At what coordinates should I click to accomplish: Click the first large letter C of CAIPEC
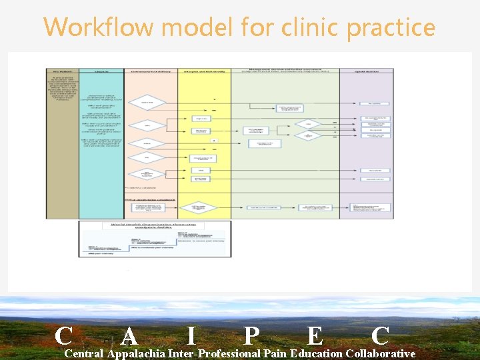(64, 335)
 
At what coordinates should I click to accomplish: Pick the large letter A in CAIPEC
(131, 335)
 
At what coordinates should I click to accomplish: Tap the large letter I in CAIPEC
(191, 335)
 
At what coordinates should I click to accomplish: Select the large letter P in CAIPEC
(251, 335)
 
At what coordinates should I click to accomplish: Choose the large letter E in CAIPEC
(314, 335)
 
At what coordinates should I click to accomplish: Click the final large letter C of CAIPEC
(380, 335)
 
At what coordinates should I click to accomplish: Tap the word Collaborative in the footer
(381, 353)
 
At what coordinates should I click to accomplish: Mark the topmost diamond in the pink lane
(146, 103)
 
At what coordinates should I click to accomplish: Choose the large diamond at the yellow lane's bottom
(199, 207)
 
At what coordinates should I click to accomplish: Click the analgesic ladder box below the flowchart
(155, 239)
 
